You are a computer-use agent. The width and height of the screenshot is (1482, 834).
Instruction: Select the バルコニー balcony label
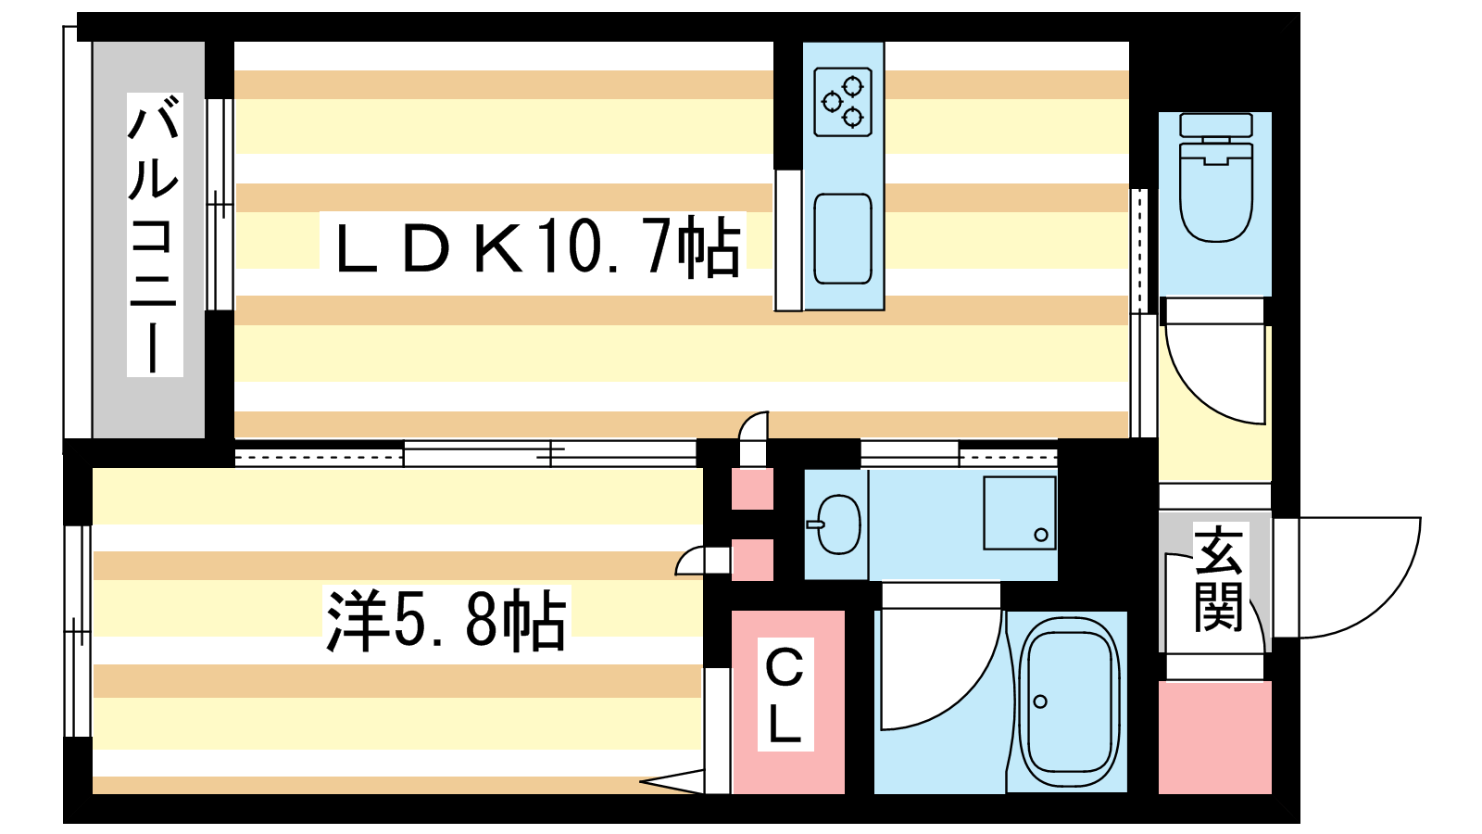pyautogui.click(x=154, y=235)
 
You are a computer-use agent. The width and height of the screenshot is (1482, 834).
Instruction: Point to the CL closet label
pyautogui.click(x=785, y=694)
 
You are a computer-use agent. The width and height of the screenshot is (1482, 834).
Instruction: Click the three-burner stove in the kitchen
pyautogui.click(x=843, y=101)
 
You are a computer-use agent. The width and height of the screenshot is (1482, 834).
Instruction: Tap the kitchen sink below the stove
pyautogui.click(x=842, y=239)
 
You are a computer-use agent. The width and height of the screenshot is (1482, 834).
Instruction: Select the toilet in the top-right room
pyautogui.click(x=1215, y=190)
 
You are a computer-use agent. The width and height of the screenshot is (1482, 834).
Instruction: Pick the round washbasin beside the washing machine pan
pyautogui.click(x=838, y=524)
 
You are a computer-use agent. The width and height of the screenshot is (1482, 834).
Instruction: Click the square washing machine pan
pyautogui.click(x=1019, y=512)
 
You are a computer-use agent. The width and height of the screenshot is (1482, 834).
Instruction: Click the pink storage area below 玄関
pyautogui.click(x=1214, y=738)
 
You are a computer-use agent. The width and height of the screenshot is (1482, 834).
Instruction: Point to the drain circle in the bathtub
pyautogui.click(x=1040, y=701)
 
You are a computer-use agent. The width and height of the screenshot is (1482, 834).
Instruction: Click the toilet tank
pyautogui.click(x=1215, y=125)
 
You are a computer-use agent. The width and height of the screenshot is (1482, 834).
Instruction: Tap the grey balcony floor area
pyautogui.click(x=148, y=408)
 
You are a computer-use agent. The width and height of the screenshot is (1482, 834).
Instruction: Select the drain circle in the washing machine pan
pyautogui.click(x=1041, y=535)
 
